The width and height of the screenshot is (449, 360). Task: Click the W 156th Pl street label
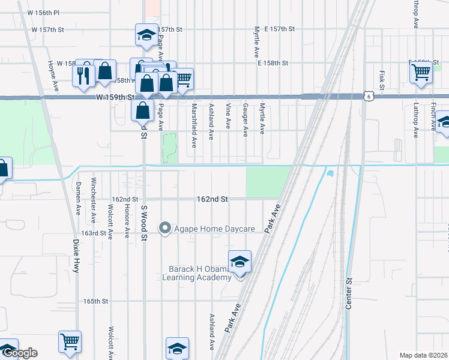pos(43,12)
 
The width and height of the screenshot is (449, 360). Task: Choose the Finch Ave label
pos(433,117)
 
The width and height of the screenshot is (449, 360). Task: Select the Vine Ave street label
pos(228,116)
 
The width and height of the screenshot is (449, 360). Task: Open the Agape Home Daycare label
pos(214,229)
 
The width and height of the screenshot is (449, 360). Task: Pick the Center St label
pos(348,293)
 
